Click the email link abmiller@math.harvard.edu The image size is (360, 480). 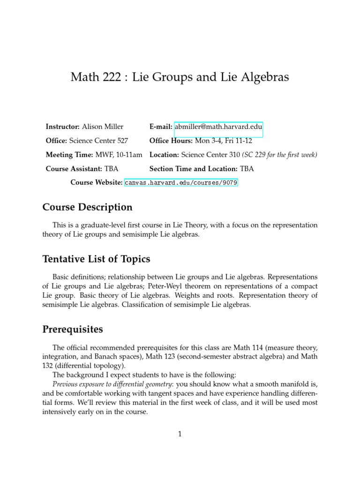[218, 127]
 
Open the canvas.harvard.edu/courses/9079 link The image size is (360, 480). [181, 182]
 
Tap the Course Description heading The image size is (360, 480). [87, 207]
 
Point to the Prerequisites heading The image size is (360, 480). [73, 330]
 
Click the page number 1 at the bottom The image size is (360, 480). [180, 434]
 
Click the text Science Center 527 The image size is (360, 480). [98, 141]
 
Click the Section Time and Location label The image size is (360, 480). [193, 169]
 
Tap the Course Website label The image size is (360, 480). [96, 182]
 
